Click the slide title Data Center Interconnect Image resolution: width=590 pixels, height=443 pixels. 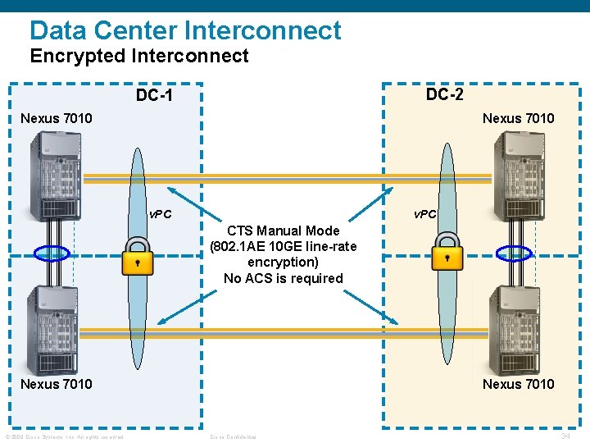[185, 30]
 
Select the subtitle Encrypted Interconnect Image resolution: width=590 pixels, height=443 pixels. [139, 56]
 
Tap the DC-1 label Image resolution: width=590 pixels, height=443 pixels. [154, 96]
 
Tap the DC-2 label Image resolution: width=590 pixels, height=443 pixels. [445, 94]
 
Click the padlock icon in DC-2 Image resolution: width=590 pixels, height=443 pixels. [447, 252]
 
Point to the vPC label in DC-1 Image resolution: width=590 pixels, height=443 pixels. [160, 215]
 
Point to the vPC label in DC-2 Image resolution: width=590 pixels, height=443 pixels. [425, 214]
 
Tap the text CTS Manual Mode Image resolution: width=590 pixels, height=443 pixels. [283, 231]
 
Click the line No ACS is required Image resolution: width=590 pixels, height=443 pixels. [284, 278]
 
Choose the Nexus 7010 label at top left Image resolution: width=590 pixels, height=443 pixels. [57, 118]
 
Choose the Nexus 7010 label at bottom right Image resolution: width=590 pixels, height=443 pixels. [518, 384]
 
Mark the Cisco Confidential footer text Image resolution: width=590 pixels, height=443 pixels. [233, 436]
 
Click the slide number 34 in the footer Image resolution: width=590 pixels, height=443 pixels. [565, 436]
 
